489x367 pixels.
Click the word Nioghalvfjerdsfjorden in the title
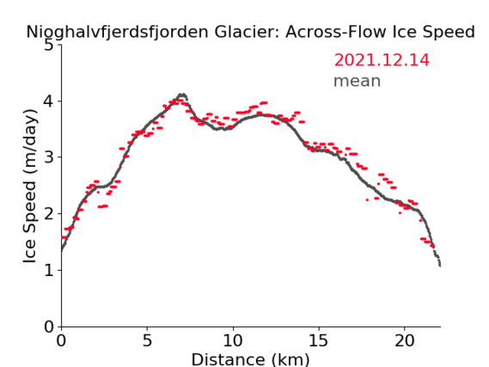(x=117, y=33)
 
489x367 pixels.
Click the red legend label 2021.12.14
(x=382, y=60)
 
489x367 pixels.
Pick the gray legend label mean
(x=358, y=81)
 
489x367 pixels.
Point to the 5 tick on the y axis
(x=49, y=46)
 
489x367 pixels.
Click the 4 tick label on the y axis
(x=49, y=101)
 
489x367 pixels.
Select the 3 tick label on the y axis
(x=49, y=157)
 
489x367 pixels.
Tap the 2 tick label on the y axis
(x=49, y=214)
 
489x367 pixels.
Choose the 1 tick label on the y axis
(x=49, y=271)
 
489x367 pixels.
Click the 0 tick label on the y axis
(x=49, y=327)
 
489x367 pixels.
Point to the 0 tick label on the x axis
(x=61, y=340)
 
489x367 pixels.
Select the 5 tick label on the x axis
(x=147, y=340)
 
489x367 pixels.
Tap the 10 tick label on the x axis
(x=233, y=340)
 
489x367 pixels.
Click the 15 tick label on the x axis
(x=319, y=340)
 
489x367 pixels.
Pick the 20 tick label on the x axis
(x=405, y=340)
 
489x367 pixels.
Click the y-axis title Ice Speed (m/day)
(x=30, y=187)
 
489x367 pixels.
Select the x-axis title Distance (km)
(x=250, y=359)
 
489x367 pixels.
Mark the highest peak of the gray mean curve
(x=182, y=95)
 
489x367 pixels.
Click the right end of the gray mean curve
(x=440, y=266)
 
